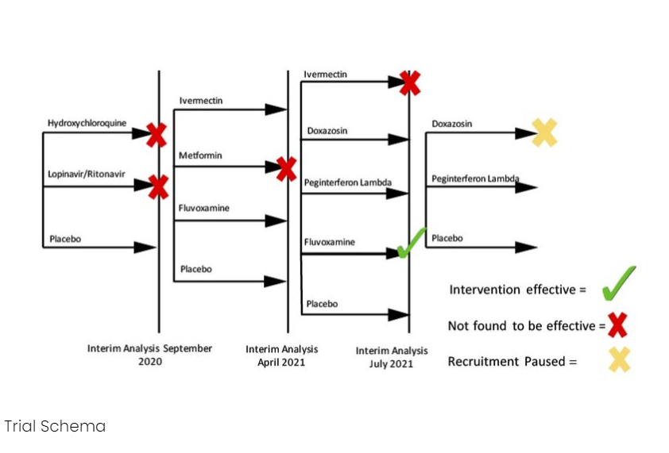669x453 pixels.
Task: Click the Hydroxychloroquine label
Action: pos(87,123)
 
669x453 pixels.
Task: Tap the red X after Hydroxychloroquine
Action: pos(157,135)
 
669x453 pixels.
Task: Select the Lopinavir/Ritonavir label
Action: pos(86,174)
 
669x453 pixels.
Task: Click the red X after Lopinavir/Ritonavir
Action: pos(159,187)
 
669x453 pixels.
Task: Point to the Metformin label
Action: pos(200,155)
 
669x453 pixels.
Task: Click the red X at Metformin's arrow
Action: pos(286,169)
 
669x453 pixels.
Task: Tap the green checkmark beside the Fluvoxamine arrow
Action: pos(412,243)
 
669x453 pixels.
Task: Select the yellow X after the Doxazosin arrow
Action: pos(544,132)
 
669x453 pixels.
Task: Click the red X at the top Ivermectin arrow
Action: pos(410,83)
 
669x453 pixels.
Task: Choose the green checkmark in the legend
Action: pos(619,283)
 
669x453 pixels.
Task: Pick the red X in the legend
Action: pos(617,324)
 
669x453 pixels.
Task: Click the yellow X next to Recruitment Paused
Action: pos(620,359)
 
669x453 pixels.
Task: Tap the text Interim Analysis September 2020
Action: pos(149,355)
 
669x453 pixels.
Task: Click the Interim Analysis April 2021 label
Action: pos(281,355)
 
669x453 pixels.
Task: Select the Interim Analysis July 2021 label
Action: pos(392,357)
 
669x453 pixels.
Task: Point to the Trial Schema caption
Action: pos(55,426)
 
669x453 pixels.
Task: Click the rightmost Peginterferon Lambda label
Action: pos(475,179)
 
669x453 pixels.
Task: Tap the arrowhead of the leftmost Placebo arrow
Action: pos(145,248)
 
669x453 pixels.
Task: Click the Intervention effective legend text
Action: pos(517,290)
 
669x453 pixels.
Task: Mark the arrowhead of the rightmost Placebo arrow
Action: pos(526,248)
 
